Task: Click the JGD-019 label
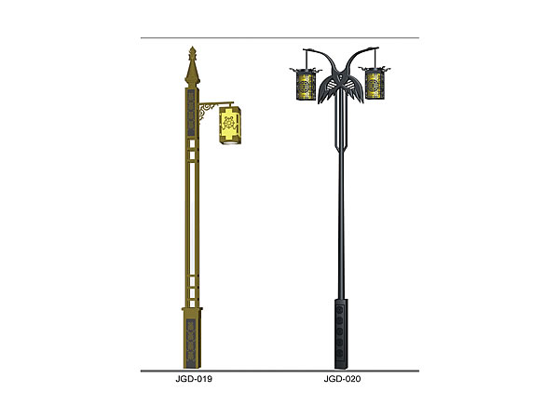pos(194,378)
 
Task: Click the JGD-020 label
pos(342,378)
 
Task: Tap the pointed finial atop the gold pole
pos(193,67)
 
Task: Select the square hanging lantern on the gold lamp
pos(230,125)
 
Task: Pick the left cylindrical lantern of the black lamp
pos(306,84)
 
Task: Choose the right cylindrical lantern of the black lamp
pos(375,84)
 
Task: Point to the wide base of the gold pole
pos(192,338)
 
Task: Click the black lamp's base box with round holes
pos(341,334)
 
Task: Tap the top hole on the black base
pos(340,310)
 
